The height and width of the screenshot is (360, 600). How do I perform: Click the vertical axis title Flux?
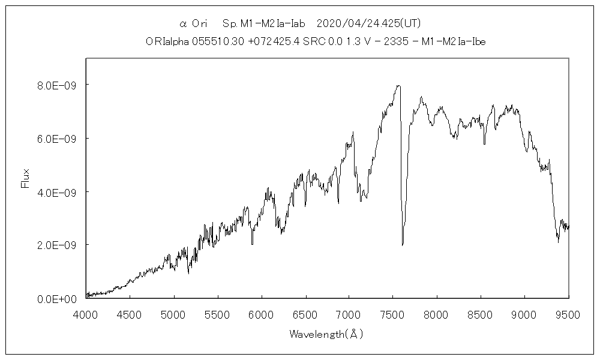[x=25, y=178]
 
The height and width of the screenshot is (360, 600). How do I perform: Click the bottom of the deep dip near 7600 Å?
[x=403, y=244]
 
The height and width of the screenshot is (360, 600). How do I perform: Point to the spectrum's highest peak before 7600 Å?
[x=398, y=86]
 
